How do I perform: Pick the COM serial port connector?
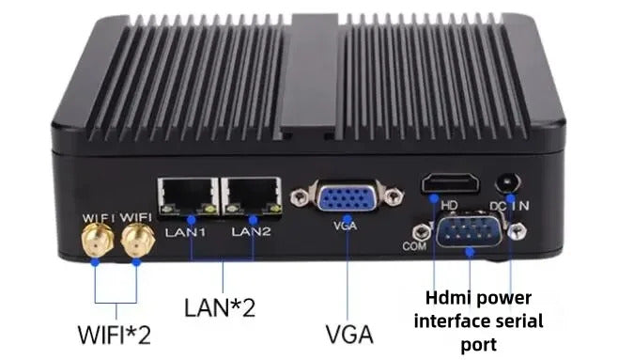pos(467,232)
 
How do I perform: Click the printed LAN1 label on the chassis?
pos(186,230)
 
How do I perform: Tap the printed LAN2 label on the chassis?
pos(249,229)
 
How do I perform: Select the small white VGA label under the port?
pos(344,227)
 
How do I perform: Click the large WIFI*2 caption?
pos(116,334)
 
